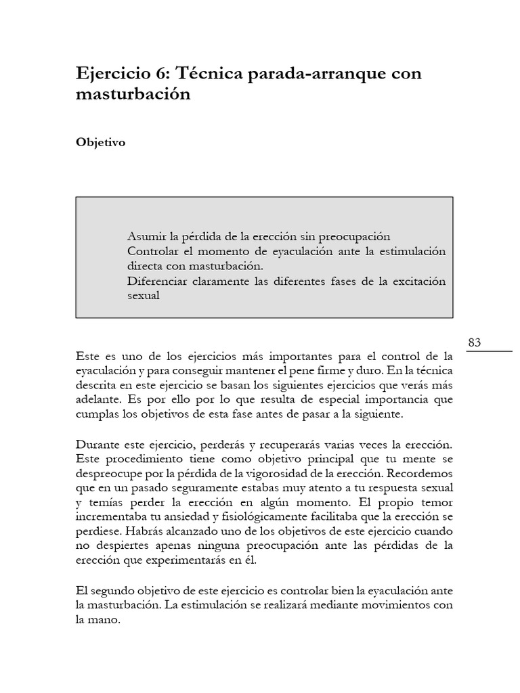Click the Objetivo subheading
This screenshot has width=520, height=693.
coord(100,143)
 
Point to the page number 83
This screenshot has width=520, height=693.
coord(474,343)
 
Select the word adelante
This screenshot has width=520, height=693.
coord(98,399)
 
